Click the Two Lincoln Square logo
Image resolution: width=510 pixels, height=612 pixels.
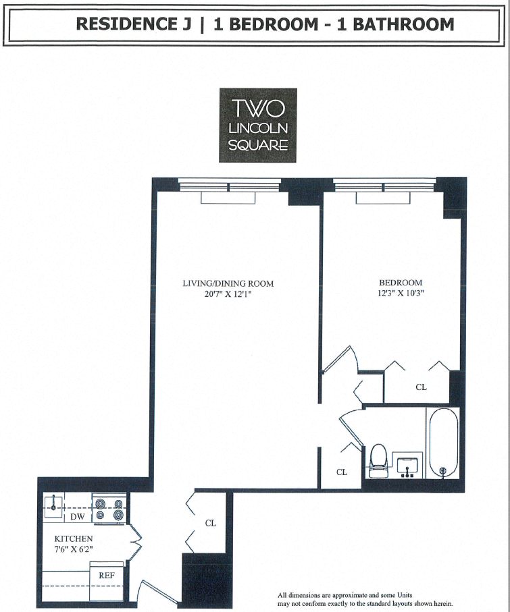click(257, 125)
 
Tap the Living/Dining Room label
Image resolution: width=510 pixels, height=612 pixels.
click(228, 283)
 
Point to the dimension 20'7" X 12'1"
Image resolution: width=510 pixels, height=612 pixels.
click(228, 294)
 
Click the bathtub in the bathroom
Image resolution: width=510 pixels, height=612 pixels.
click(442, 442)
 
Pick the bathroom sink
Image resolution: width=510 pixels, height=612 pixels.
click(407, 465)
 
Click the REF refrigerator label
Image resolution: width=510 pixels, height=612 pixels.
click(106, 576)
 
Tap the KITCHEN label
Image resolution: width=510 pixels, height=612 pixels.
click(73, 539)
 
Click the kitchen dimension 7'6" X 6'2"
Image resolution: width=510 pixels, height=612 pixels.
click(73, 549)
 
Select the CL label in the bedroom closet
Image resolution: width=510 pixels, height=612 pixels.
click(421, 387)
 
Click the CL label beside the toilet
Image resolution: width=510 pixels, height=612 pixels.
click(342, 472)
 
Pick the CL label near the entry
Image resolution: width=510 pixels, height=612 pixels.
click(211, 523)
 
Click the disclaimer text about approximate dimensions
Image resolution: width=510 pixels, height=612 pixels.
click(365, 599)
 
